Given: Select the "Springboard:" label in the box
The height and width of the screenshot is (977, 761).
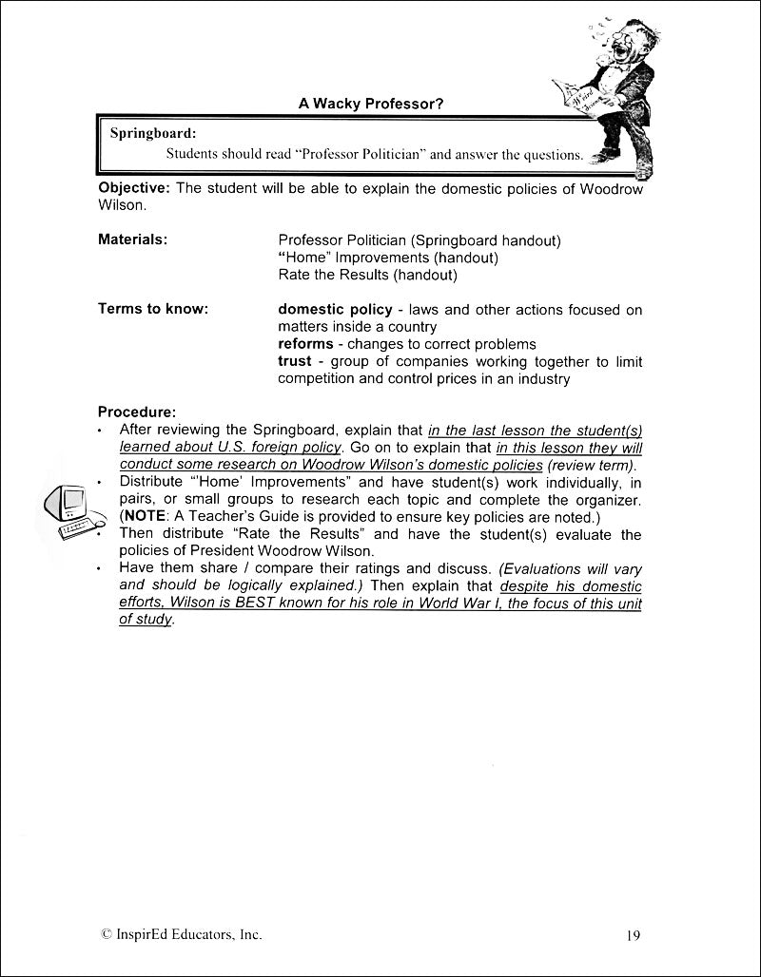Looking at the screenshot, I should tap(152, 133).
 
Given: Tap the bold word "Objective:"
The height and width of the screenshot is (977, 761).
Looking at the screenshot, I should tap(135, 187).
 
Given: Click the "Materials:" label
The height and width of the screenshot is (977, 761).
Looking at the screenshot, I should tap(132, 240).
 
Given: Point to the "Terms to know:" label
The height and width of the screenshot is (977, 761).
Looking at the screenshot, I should tap(153, 309).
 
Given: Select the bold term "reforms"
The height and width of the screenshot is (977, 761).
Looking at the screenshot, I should tap(305, 344).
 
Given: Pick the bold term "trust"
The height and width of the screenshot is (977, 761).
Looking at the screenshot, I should tap(294, 361).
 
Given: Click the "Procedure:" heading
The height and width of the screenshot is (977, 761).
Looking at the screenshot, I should tap(136, 412).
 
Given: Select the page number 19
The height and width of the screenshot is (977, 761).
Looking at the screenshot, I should tap(634, 935).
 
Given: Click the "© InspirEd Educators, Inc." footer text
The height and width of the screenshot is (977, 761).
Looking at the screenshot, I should tap(181, 934).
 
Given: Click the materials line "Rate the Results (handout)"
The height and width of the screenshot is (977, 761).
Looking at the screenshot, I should tap(367, 275).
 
